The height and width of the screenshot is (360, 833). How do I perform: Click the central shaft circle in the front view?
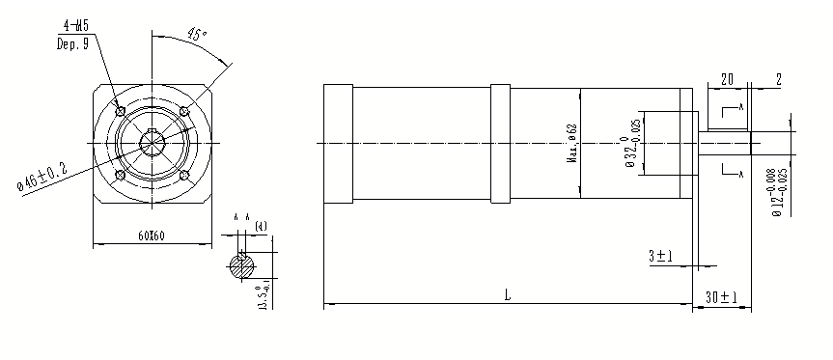152,142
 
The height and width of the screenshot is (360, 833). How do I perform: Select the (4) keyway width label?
261,226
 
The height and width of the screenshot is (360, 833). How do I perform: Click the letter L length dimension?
508,294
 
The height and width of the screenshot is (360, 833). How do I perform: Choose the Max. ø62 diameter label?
572,146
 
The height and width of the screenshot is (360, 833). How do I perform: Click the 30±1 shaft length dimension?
720,295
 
